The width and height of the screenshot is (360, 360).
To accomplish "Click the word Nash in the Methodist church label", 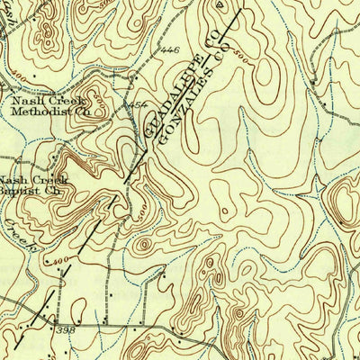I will tap(24, 102).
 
